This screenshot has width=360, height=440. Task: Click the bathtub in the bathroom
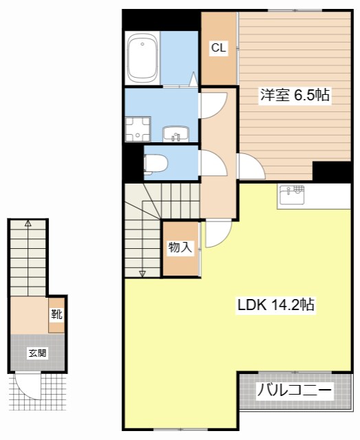click(x=144, y=58)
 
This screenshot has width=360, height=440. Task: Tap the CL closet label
click(x=218, y=48)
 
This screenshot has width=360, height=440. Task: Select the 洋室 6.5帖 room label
click(x=295, y=96)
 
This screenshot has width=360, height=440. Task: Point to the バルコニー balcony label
click(x=295, y=391)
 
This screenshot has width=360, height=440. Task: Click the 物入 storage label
click(x=180, y=247)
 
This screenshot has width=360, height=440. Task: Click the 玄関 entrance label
click(x=37, y=353)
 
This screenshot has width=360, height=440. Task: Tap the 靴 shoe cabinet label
click(x=56, y=315)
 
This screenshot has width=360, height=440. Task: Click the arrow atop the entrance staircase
click(x=28, y=223)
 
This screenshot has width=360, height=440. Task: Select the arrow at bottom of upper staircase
click(x=142, y=273)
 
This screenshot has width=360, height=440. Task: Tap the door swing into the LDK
click(x=218, y=233)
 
